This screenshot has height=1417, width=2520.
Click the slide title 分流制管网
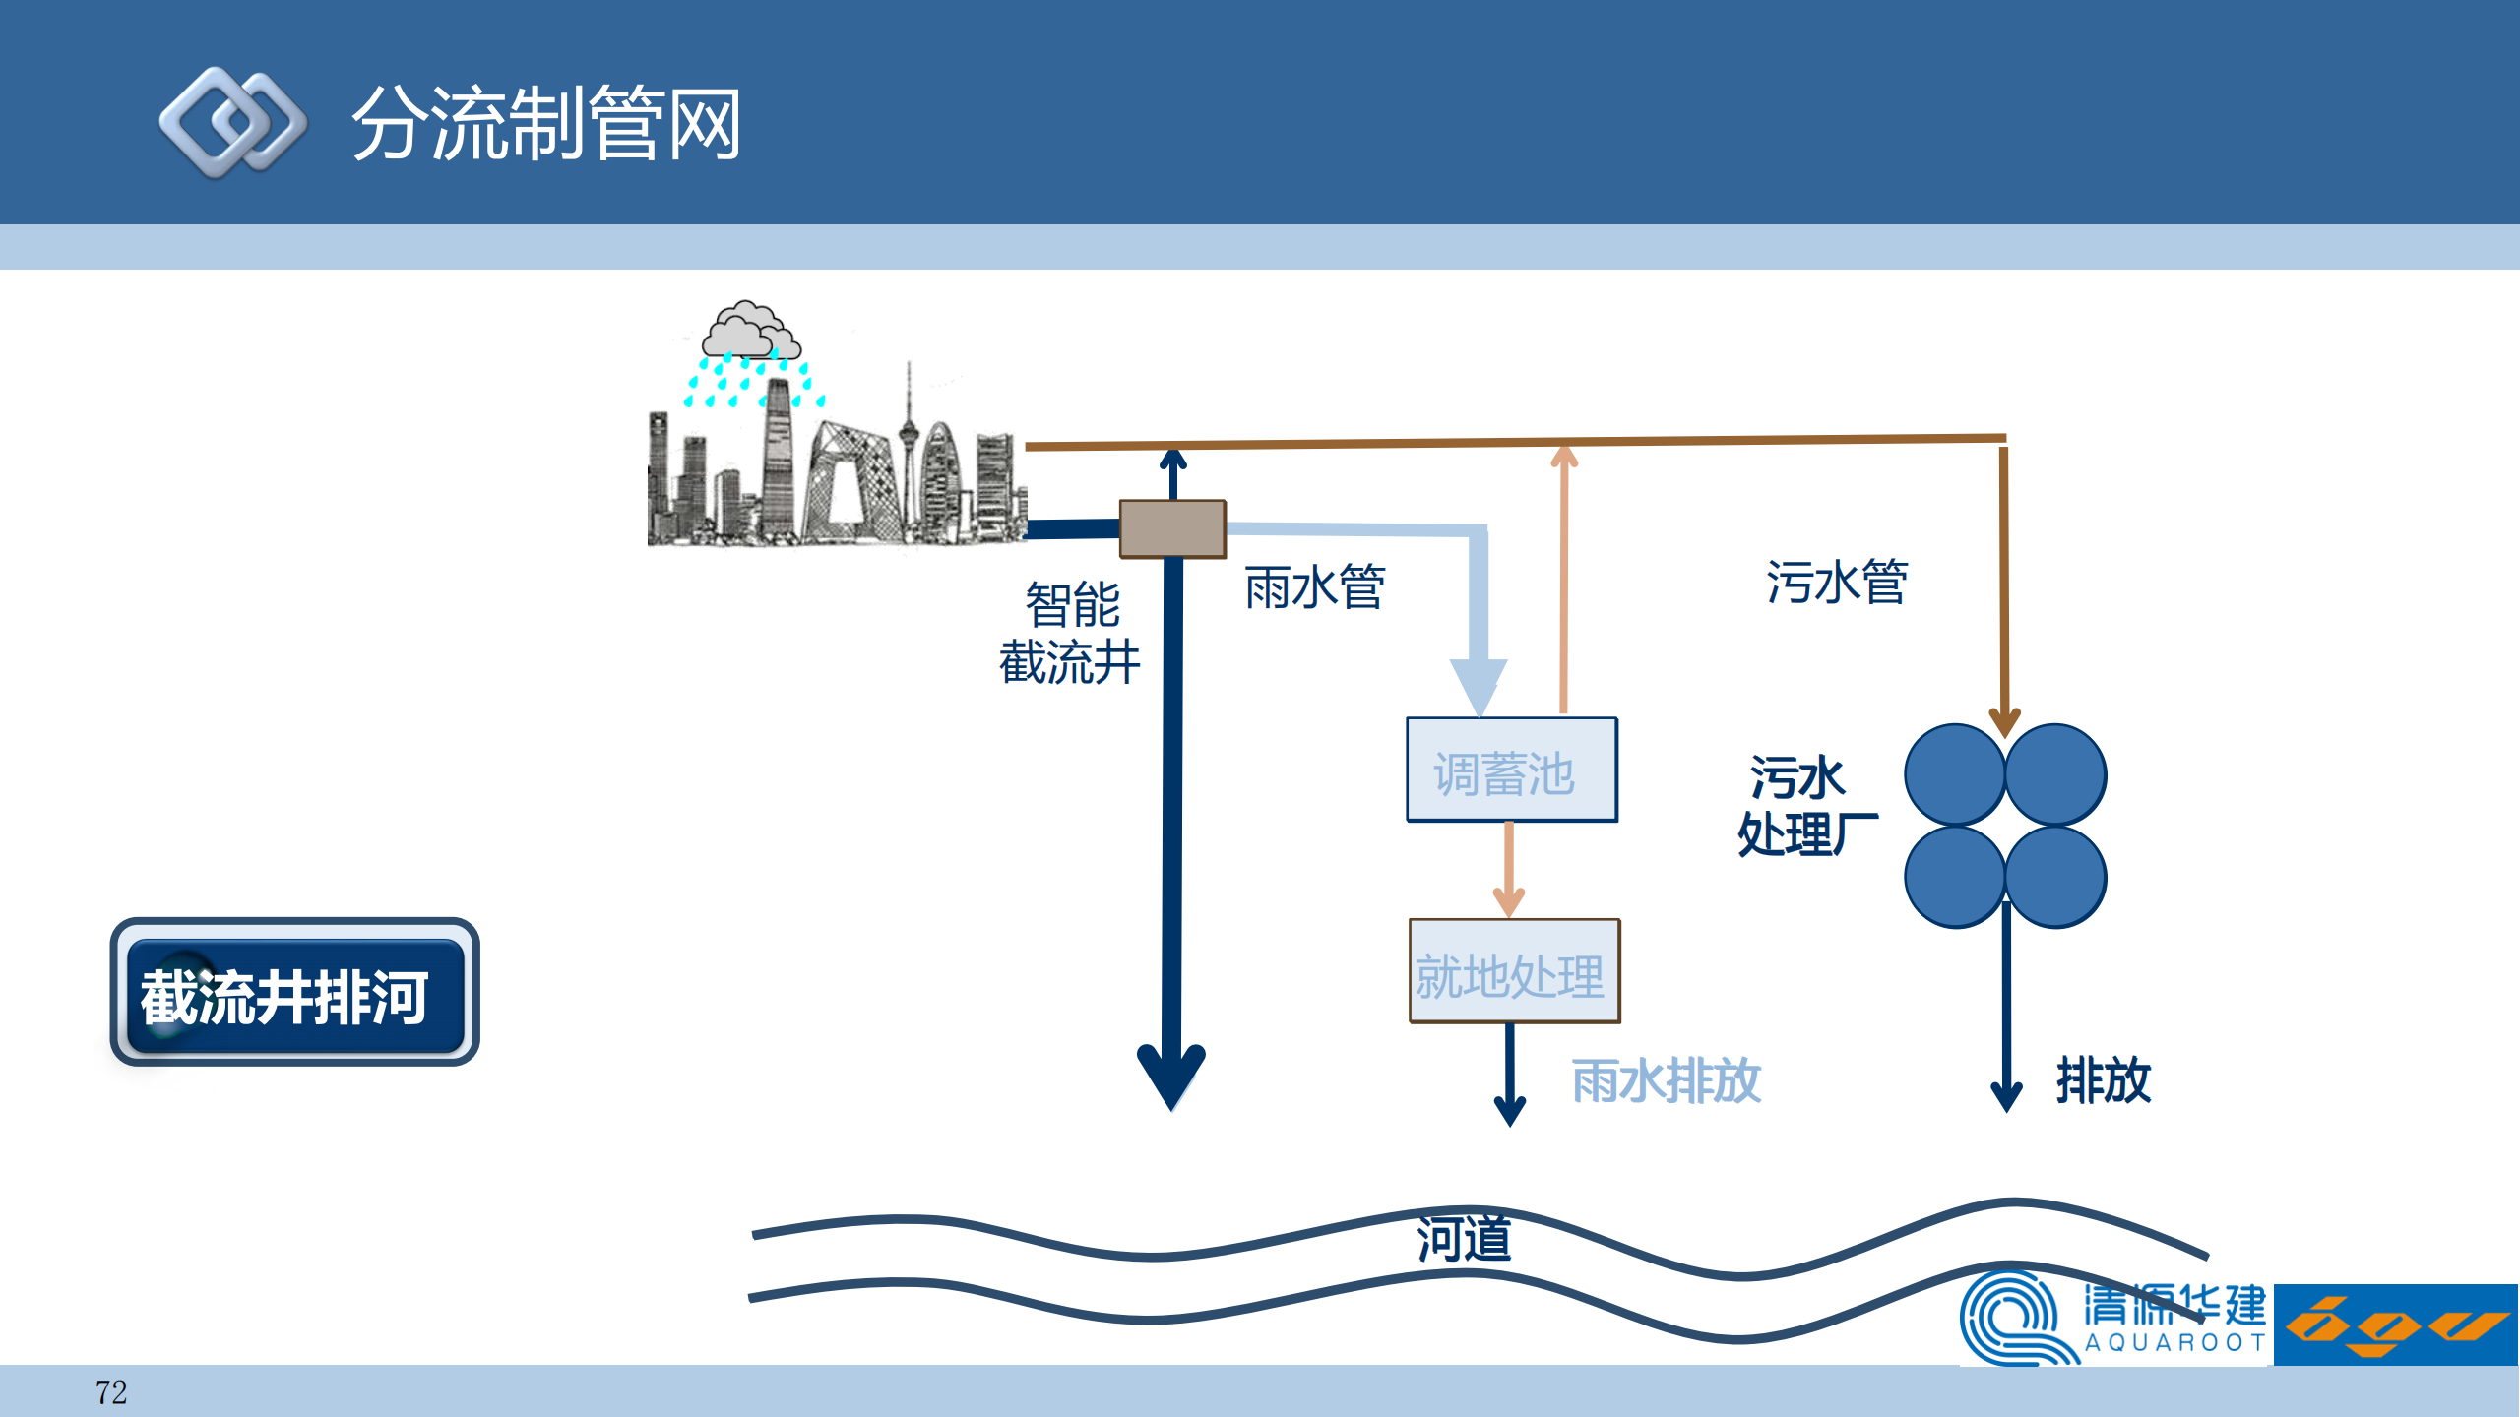pyautogui.click(x=546, y=124)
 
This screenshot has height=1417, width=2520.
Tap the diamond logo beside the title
pyautogui.click(x=232, y=123)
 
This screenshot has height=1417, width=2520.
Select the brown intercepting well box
pyautogui.click(x=1172, y=528)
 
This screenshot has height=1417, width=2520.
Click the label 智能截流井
pyautogui.click(x=1071, y=633)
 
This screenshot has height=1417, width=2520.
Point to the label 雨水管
pyautogui.click(x=1315, y=587)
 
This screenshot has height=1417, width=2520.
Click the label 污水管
pyautogui.click(x=1837, y=582)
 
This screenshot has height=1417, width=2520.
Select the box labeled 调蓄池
pyautogui.click(x=1511, y=770)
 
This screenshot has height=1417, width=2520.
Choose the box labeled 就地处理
pyautogui.click(x=1514, y=972)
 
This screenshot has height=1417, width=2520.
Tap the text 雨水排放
pyautogui.click(x=1666, y=1081)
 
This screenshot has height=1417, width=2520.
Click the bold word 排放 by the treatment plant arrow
pyautogui.click(x=2104, y=1080)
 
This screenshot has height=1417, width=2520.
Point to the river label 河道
pyautogui.click(x=1464, y=1239)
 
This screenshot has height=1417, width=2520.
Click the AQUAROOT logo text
pyautogui.click(x=2173, y=1342)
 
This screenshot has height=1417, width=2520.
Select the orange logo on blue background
pyautogui.click(x=2395, y=1325)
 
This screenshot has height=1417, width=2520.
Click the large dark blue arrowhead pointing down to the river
pyautogui.click(x=1171, y=1076)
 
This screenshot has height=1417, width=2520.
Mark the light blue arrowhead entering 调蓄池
pyautogui.click(x=1479, y=684)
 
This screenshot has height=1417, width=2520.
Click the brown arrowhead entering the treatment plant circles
pyautogui.click(x=2004, y=721)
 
